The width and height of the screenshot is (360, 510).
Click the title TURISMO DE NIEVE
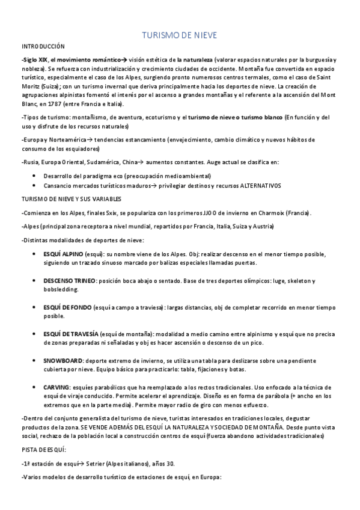(179, 35)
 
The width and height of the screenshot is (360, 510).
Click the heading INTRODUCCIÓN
(43, 47)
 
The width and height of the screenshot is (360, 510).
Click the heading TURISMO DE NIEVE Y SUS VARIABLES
(71, 199)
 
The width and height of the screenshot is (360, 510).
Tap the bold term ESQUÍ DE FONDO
(67, 307)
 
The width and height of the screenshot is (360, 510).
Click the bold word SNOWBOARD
(63, 360)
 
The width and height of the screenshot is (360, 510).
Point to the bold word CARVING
(57, 387)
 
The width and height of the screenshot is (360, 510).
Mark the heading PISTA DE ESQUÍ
(44, 449)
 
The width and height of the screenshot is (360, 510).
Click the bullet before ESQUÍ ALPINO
(33, 254)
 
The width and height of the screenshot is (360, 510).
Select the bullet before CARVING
(33, 387)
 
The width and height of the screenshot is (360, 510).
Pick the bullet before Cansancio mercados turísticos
(33, 185)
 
